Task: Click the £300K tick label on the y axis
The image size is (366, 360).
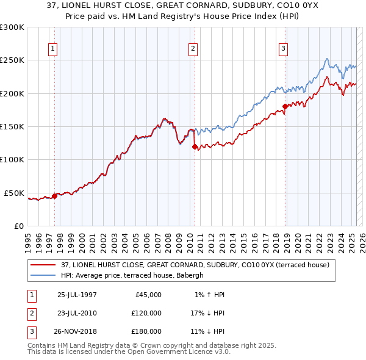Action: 12,27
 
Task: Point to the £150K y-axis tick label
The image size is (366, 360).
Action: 12,126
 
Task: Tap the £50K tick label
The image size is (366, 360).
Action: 15,193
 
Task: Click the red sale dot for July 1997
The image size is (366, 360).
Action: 55,196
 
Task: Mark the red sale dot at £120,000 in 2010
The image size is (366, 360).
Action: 195,146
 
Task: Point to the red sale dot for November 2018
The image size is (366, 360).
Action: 285,107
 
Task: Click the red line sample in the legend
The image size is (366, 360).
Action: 43,265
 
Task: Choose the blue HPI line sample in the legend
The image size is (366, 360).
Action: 43,275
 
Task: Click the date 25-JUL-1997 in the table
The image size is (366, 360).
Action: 77,295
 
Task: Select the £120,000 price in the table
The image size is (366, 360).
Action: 146,313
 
